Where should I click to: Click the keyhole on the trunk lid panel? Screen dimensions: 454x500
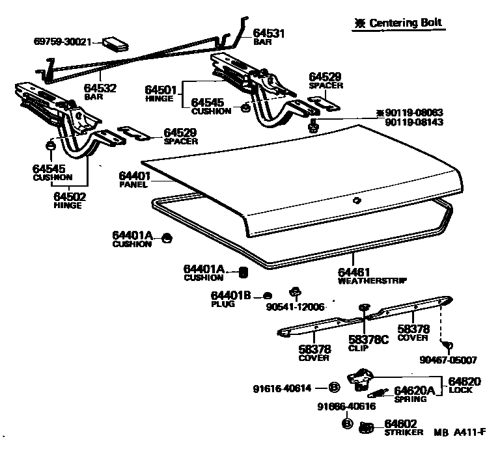[x=356, y=201]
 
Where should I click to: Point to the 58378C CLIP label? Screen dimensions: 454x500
[x=368, y=342]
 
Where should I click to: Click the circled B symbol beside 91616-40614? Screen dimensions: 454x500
[x=334, y=388]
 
